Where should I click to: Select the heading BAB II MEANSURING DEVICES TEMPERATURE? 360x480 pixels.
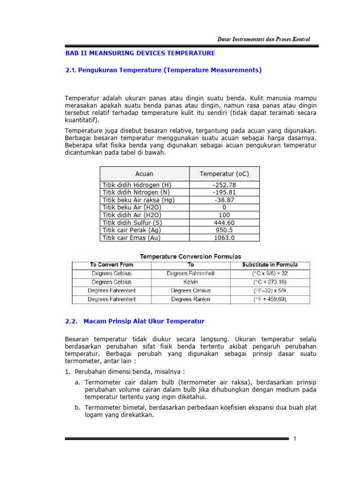140,53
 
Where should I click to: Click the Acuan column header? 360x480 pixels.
144,174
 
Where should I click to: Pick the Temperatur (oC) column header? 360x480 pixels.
224,174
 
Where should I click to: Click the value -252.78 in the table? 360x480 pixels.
224,185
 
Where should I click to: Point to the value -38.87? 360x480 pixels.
224,200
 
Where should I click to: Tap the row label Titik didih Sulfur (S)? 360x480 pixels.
131,223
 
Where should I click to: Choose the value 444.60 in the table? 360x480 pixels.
224,223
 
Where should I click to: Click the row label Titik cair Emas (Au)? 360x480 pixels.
131,238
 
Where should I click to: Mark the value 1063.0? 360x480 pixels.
224,238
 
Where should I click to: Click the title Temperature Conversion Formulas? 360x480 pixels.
191,256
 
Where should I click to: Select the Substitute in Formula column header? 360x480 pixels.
270,265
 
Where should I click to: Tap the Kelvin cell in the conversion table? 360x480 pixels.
191,282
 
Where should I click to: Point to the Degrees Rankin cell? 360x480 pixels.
191,299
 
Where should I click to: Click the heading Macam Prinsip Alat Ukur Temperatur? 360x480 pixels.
144,321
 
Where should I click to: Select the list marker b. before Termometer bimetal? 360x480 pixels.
77,408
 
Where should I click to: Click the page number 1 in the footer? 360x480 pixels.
295,439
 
